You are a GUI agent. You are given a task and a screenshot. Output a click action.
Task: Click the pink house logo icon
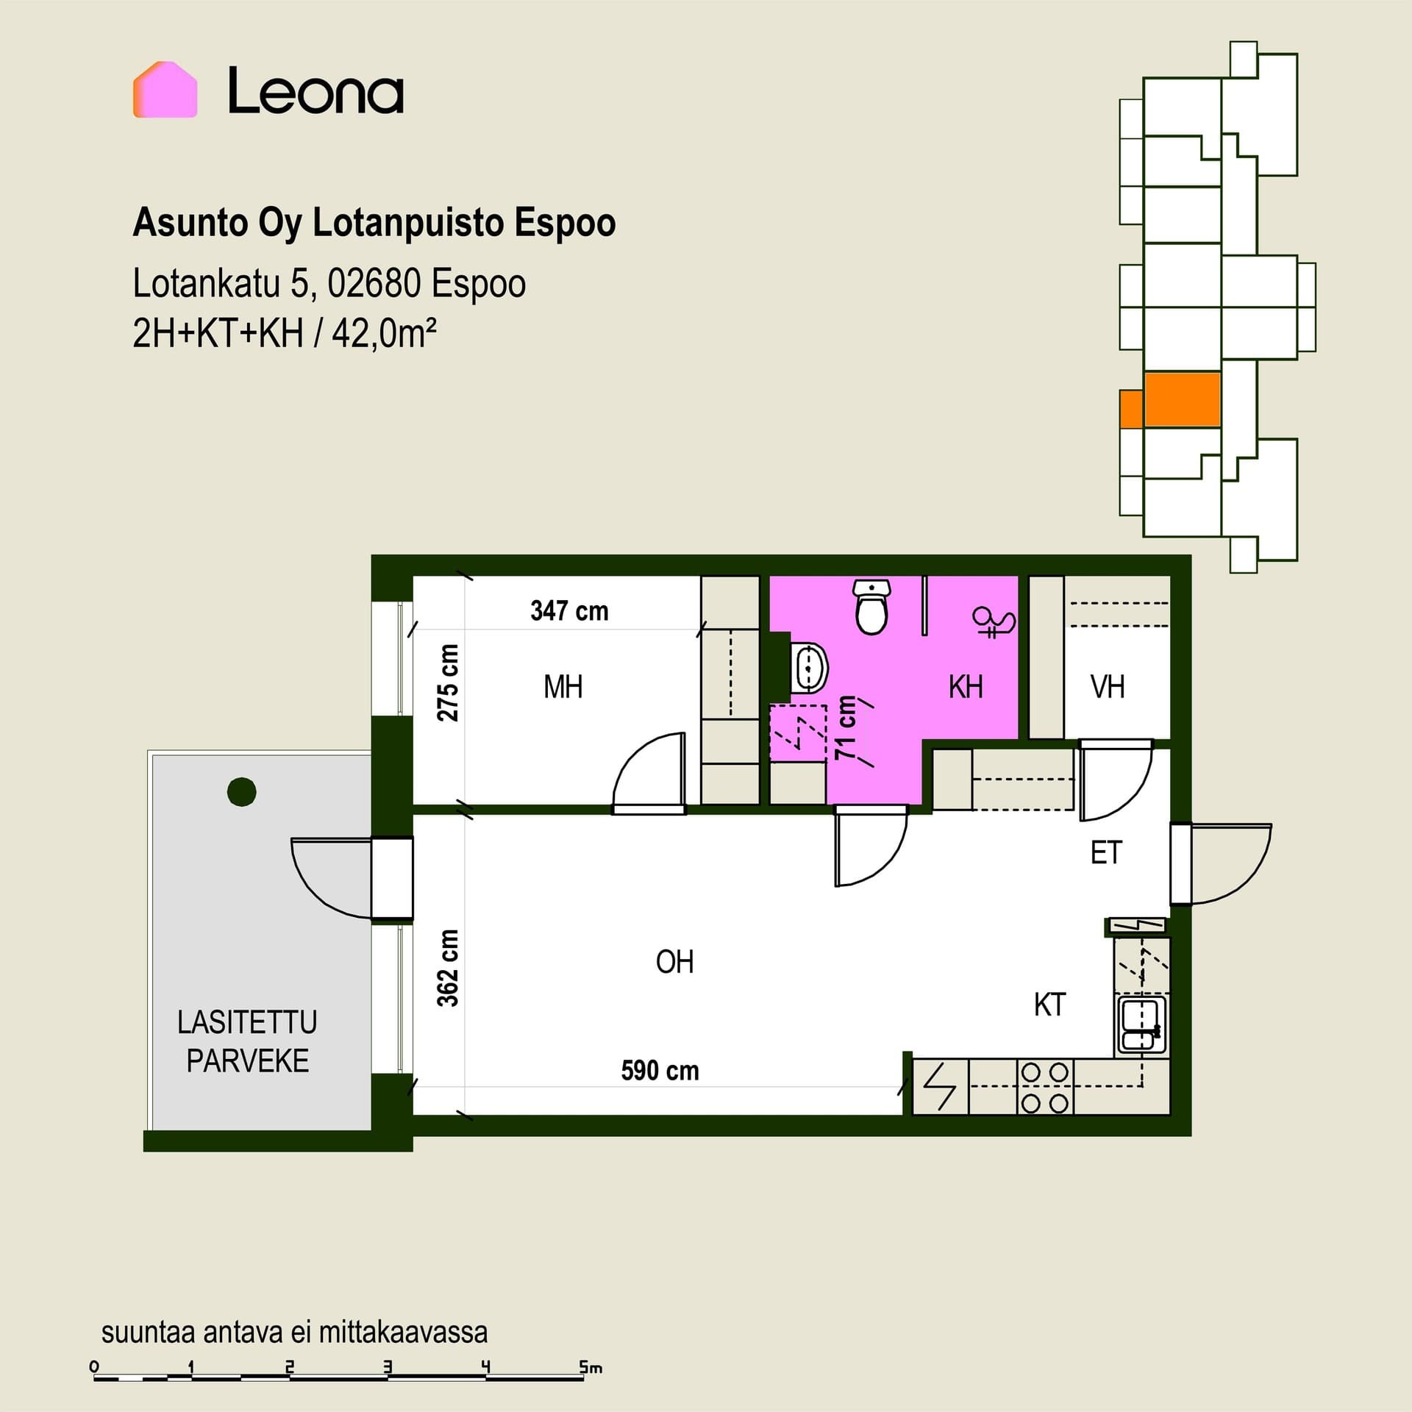click(165, 89)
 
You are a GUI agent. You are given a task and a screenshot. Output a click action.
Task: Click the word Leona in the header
click(315, 90)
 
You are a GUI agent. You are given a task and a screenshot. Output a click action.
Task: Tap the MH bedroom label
click(563, 687)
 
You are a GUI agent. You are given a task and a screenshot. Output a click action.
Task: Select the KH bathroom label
click(966, 687)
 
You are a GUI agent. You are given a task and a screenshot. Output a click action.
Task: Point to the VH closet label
click(1108, 687)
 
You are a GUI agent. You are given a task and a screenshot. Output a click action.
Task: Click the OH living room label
click(674, 962)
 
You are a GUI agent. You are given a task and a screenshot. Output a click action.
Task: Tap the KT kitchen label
click(1049, 1005)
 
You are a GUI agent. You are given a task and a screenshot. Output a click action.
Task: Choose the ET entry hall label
click(1106, 853)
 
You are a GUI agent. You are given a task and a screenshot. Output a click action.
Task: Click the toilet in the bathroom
click(872, 607)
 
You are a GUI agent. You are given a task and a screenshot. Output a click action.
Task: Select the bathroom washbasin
click(810, 668)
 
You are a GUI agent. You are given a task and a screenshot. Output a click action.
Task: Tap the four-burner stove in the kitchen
click(1045, 1087)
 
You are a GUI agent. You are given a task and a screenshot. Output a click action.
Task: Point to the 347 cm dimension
click(569, 610)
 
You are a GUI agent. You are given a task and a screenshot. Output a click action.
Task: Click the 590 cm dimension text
click(660, 1070)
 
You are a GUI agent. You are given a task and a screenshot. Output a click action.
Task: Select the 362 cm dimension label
click(448, 968)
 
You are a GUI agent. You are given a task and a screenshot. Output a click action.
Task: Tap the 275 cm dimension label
click(448, 682)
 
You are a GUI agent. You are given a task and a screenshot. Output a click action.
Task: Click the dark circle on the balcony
click(242, 792)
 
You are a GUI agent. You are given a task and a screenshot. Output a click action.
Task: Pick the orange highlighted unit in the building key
click(1182, 400)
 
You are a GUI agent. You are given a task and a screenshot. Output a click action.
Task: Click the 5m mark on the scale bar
click(591, 1367)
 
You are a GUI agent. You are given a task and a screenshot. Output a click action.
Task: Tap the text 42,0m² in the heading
click(384, 334)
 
